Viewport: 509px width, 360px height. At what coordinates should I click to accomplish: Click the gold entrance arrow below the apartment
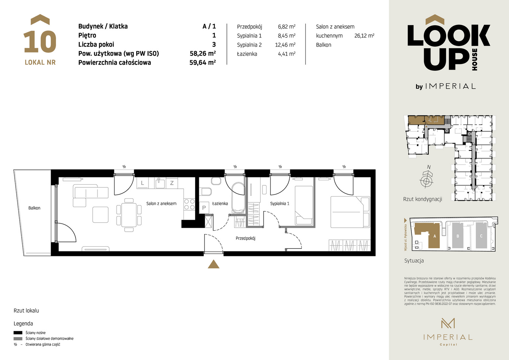(214, 264)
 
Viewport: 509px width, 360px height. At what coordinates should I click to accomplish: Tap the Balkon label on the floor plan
(34, 208)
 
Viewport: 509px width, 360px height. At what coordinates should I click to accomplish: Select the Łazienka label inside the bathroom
(220, 204)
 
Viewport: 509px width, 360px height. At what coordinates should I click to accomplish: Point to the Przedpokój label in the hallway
(246, 238)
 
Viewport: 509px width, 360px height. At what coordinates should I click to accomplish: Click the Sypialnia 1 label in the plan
(280, 204)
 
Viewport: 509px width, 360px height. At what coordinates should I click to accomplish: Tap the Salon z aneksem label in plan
(161, 204)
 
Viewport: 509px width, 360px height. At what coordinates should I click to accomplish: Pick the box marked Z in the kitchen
(172, 183)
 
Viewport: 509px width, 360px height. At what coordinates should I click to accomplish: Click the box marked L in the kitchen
(143, 183)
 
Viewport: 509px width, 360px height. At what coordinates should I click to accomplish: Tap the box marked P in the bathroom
(204, 208)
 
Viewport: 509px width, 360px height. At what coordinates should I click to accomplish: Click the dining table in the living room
(129, 215)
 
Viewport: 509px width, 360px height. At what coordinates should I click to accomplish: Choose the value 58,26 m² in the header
(203, 53)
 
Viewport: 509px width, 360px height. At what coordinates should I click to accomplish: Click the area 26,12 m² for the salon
(364, 36)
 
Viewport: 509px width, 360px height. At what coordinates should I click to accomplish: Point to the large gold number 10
(40, 42)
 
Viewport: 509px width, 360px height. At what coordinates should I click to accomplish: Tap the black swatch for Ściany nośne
(18, 332)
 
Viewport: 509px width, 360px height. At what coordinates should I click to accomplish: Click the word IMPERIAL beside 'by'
(450, 86)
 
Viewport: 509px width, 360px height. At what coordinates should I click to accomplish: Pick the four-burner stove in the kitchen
(189, 204)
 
